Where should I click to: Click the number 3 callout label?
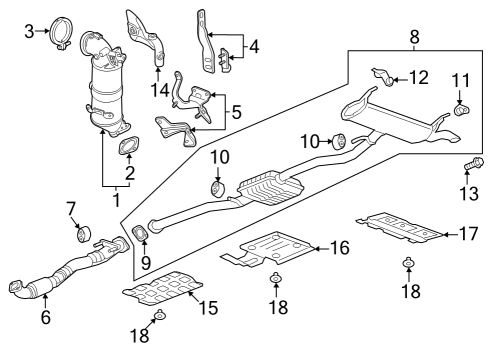pos(29,31)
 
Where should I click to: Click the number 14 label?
pos(159,91)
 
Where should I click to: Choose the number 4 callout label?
pos(254,46)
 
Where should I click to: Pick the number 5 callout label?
pos(236,114)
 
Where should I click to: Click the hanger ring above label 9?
pos(141,235)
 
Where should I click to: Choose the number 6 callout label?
pos(44,318)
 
